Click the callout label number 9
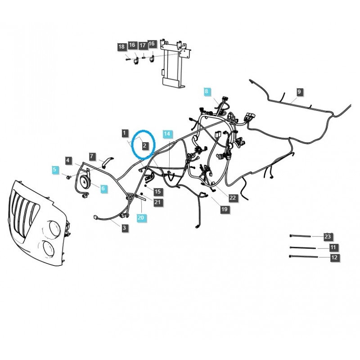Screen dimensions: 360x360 pos(300,92)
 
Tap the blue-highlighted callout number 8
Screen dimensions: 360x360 pos(207,92)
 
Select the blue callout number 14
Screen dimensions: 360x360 pos(167,134)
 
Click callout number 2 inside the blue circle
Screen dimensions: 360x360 pos(145,146)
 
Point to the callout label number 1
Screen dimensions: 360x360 pos(124,133)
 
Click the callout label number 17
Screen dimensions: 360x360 pos(142,45)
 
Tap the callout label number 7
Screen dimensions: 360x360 pos(92,157)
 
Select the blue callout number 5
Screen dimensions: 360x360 pos(55,170)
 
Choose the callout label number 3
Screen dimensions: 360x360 pos(124,229)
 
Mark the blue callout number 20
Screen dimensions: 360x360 pos(141,217)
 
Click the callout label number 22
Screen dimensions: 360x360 pos(232,198)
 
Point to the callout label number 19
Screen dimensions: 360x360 pos(224,209)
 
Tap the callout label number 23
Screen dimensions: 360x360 pos(328,236)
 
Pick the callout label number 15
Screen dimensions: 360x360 pos(157,192)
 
